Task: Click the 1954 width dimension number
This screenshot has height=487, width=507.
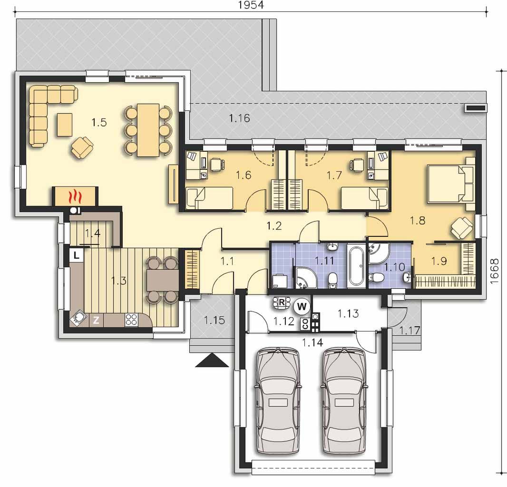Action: [251, 5]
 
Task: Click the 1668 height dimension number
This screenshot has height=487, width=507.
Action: [495, 271]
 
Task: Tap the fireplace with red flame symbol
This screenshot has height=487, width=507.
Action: [75, 196]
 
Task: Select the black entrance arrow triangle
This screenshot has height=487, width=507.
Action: [212, 360]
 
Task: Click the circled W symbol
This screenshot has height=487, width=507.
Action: [302, 306]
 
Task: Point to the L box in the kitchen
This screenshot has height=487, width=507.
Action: [76, 255]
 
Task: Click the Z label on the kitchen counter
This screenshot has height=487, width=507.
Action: [96, 321]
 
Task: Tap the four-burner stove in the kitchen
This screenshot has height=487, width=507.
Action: [131, 320]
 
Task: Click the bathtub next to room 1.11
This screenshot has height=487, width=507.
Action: [357, 266]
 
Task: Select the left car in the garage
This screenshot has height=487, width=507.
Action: [277, 400]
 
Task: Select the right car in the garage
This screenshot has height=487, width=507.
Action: [345, 400]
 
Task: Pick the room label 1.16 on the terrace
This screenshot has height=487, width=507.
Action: [239, 118]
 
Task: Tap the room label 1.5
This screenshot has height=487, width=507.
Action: [99, 123]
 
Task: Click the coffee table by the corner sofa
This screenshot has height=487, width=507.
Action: [65, 125]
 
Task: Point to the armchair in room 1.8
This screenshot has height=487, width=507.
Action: [463, 228]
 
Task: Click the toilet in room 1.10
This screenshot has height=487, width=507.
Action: [376, 277]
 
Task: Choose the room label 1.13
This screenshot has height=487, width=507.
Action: [348, 313]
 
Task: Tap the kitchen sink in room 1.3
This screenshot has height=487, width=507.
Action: [78, 318]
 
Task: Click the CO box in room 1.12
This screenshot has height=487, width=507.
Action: [304, 324]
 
